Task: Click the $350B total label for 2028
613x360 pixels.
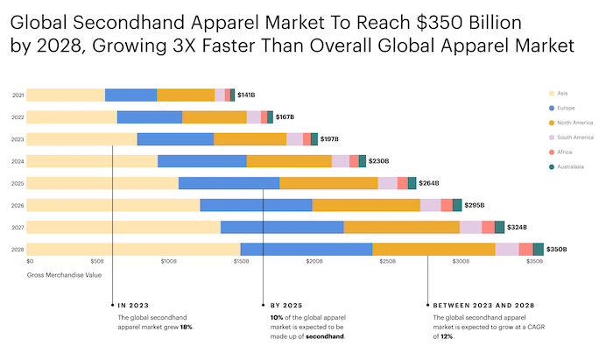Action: [x=556, y=250]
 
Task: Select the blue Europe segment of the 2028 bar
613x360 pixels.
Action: [x=306, y=250]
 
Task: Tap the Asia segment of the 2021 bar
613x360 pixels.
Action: [x=66, y=95]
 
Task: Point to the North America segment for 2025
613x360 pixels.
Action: [x=328, y=183]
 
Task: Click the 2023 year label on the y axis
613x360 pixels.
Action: [x=18, y=139]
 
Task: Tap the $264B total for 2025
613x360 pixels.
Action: [x=429, y=183]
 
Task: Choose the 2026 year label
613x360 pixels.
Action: [x=18, y=206]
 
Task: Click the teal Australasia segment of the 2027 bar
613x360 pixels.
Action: [x=499, y=227]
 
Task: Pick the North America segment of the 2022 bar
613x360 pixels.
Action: [x=214, y=116]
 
